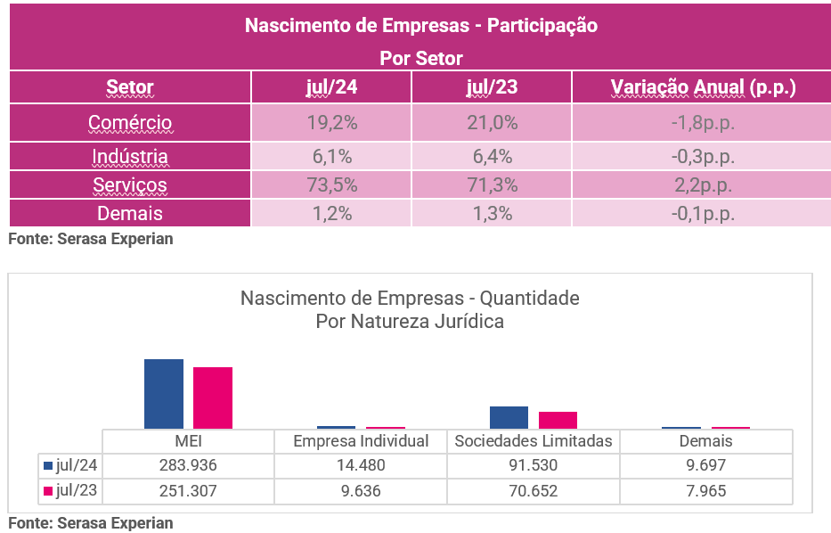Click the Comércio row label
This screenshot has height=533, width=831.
tap(130, 123)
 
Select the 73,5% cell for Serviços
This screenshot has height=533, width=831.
tap(331, 185)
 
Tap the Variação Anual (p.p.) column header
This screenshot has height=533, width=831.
tap(703, 87)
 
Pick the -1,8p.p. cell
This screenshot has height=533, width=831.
tap(703, 123)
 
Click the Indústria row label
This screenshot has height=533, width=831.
tap(130, 157)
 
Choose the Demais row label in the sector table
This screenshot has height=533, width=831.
tap(130, 213)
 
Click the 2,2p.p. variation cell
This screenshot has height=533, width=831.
tap(703, 185)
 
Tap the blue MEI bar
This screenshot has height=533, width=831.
tap(164, 394)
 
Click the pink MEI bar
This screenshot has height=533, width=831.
tap(213, 398)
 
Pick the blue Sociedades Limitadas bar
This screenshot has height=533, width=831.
tap(509, 417)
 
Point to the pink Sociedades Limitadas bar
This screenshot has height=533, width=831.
tap(558, 420)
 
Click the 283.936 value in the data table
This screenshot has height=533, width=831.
tap(187, 465)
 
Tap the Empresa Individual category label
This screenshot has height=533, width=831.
tap(361, 441)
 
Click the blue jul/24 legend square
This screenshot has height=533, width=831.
tap(48, 465)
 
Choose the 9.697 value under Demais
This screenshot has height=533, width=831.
tap(705, 465)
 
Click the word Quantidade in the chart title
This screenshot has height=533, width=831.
tap(530, 298)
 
